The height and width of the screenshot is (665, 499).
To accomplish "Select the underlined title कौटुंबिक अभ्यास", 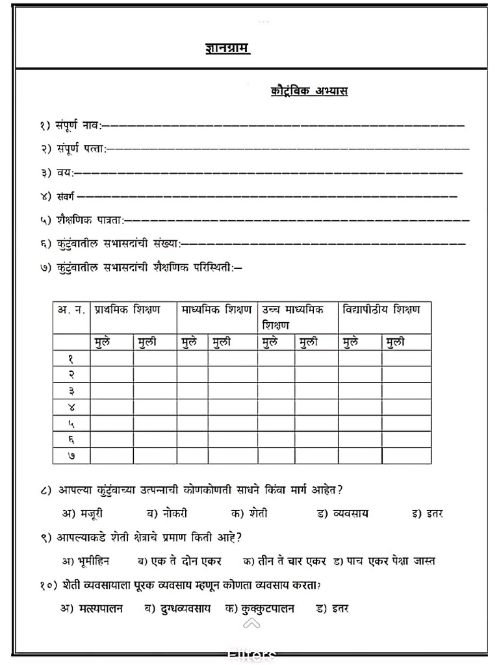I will (309, 92).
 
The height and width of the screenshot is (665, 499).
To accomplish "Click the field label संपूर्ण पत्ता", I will (73, 149).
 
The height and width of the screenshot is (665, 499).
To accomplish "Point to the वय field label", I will (64, 173).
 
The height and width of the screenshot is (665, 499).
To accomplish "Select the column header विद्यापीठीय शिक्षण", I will (381, 310).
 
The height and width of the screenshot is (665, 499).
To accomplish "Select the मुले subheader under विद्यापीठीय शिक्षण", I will (350, 342).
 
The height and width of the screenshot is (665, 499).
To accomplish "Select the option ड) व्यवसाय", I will (342, 513).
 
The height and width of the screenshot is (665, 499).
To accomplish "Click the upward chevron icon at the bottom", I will (252, 624).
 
